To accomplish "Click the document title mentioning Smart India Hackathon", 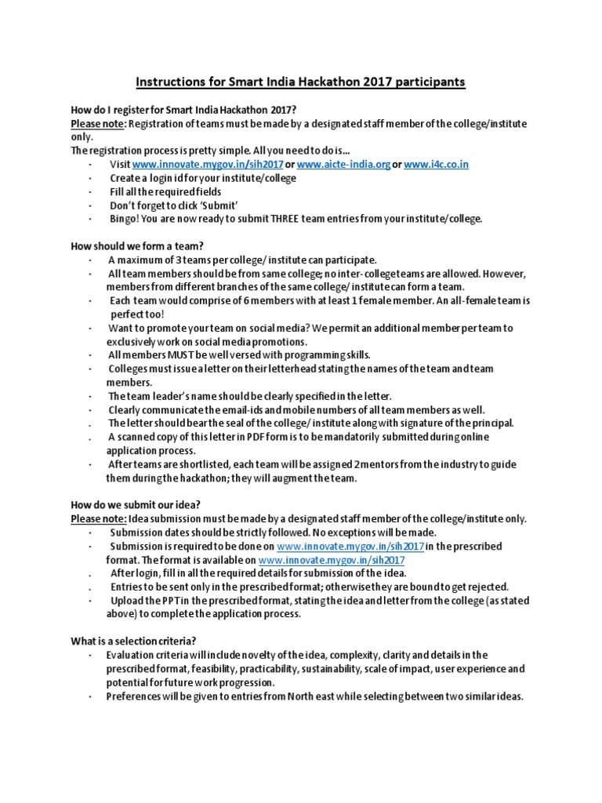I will pyautogui.click(x=301, y=82).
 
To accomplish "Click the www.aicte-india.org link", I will pyautogui.click(x=343, y=164).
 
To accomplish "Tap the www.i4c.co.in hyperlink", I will pyautogui.click(x=437, y=164).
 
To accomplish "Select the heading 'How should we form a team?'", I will pyautogui.click(x=132, y=245).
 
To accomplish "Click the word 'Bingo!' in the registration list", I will pyautogui.click(x=124, y=219).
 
